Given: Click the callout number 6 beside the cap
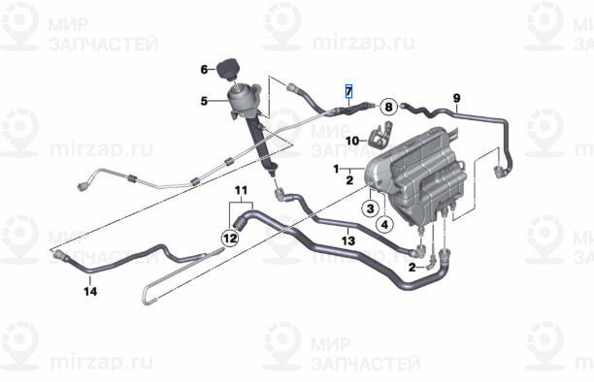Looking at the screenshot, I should pyautogui.click(x=205, y=69).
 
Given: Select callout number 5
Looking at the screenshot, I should pyautogui.click(x=205, y=100).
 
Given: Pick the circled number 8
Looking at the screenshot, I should pyautogui.click(x=387, y=107).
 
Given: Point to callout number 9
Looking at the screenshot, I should pyautogui.click(x=456, y=97).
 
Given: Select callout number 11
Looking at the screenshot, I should pyautogui.click(x=240, y=188).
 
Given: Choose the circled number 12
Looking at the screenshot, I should pyautogui.click(x=229, y=236).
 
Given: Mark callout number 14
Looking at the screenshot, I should pyautogui.click(x=89, y=291).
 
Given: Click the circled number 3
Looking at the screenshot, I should pyautogui.click(x=371, y=208).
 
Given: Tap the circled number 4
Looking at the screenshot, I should pyautogui.click(x=385, y=225).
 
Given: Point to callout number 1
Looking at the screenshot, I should pyautogui.click(x=338, y=170).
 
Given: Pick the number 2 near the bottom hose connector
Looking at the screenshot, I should pyautogui.click(x=412, y=265).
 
